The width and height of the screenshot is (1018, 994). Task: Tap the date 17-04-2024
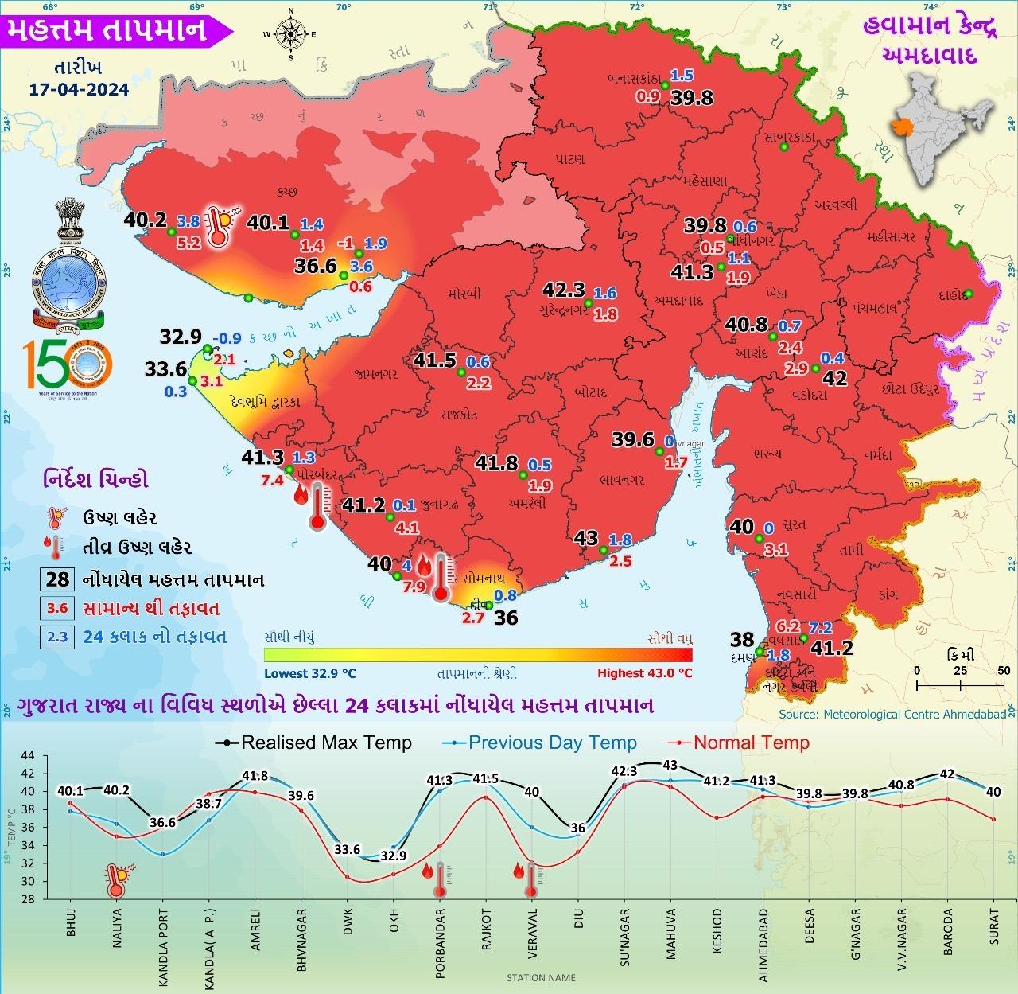click(79, 88)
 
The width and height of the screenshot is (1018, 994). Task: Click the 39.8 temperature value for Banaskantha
click(691, 98)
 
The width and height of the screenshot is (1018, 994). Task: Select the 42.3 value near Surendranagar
click(564, 290)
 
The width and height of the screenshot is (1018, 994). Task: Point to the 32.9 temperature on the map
click(181, 337)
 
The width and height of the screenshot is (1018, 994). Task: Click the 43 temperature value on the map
click(586, 539)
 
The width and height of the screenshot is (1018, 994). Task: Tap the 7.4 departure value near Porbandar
click(273, 480)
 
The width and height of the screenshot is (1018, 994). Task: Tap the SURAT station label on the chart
click(993, 926)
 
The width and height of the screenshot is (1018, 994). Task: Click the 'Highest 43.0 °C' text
click(644, 673)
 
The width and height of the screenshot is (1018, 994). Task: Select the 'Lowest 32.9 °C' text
click(310, 673)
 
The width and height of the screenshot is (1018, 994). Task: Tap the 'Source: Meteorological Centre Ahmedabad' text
click(892, 715)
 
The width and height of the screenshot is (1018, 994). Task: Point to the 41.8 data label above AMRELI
click(254, 776)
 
